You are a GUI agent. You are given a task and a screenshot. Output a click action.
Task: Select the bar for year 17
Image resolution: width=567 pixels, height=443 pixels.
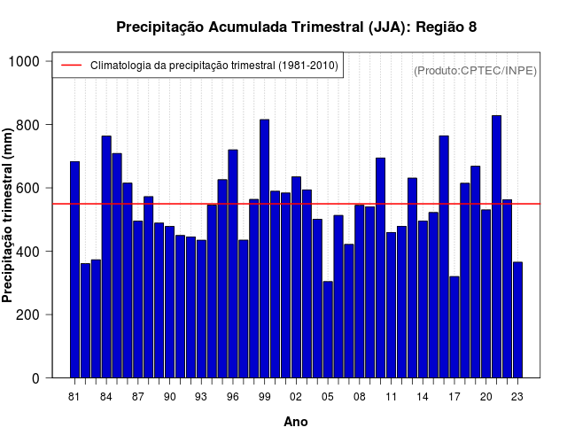(454, 327)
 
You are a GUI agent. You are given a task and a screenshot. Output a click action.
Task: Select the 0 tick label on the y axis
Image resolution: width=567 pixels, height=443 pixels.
(36, 378)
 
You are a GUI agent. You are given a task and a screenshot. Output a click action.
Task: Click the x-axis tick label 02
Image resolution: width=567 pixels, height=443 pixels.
(296, 397)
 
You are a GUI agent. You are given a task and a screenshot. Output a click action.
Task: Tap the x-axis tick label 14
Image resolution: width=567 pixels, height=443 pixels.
(423, 397)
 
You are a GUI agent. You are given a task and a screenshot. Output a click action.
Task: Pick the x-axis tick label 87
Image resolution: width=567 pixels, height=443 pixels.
(138, 397)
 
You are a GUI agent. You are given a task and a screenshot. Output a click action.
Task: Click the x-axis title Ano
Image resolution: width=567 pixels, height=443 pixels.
(296, 422)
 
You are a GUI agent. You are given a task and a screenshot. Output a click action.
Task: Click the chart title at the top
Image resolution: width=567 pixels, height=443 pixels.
(296, 27)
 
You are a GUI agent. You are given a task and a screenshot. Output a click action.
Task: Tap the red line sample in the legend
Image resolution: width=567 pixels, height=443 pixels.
(71, 66)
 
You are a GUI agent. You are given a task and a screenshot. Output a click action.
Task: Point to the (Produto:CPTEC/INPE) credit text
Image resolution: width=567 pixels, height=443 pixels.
(475, 70)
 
